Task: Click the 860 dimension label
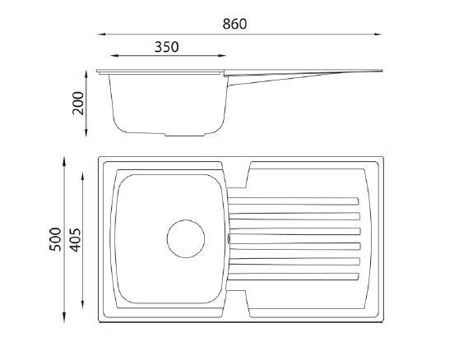[234, 24]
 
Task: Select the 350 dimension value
[166, 47]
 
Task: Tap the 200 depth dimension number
[78, 104]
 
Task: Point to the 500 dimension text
[55, 239]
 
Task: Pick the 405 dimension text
[75, 240]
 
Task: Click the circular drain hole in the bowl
[186, 238]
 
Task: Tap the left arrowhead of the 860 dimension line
[101, 35]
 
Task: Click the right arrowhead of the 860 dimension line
[378, 35]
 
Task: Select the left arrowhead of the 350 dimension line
[114, 55]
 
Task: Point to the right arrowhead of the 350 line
[222, 55]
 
